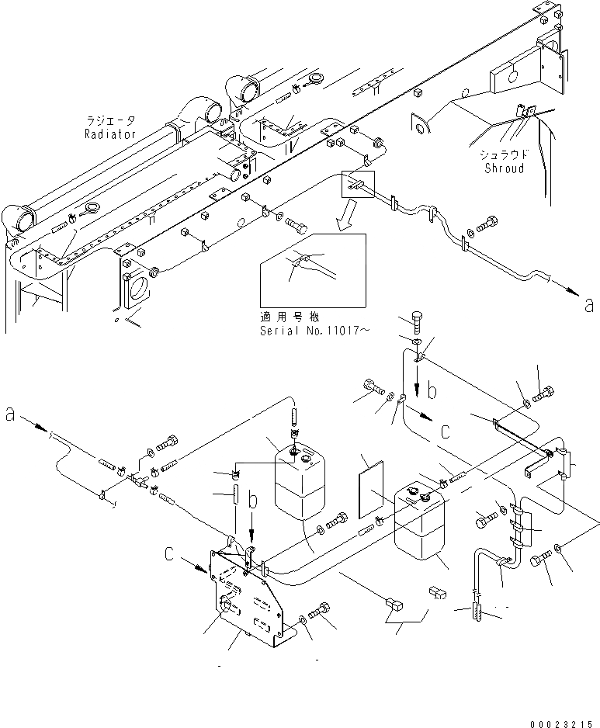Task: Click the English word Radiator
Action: (x=110, y=133)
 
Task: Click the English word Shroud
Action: (x=504, y=168)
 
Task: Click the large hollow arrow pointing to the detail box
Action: (x=341, y=216)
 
